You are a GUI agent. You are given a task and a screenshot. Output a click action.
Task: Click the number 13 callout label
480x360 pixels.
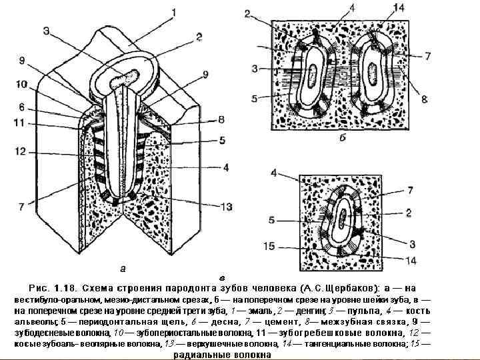point(226,207)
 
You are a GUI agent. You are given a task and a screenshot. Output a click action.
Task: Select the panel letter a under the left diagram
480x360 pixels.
point(122,269)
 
